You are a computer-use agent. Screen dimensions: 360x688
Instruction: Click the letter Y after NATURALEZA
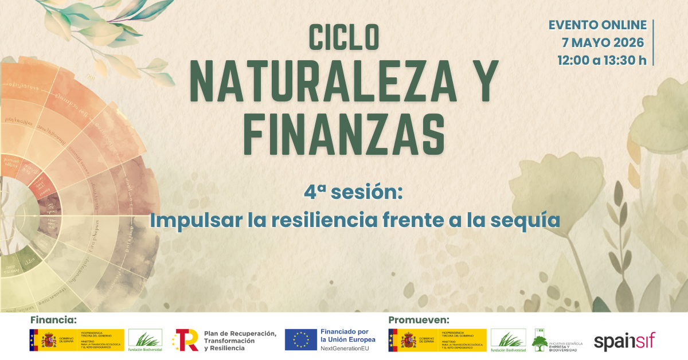tap(480, 81)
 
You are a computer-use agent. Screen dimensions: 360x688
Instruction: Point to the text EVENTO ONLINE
tap(597, 26)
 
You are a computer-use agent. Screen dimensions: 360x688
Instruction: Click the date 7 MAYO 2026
tap(603, 43)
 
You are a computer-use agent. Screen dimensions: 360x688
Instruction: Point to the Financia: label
tap(53, 319)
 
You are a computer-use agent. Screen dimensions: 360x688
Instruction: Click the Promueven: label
tap(419, 319)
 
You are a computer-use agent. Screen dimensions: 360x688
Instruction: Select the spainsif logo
tap(624, 342)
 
